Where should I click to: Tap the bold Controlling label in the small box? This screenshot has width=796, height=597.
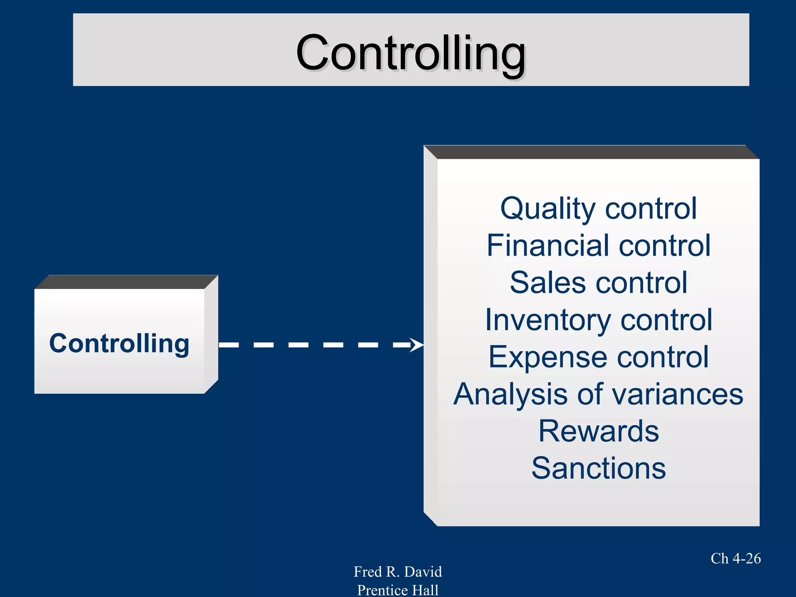coord(119,344)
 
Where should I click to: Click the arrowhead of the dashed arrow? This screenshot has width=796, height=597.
coord(417,345)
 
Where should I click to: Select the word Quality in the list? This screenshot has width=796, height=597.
coord(547,209)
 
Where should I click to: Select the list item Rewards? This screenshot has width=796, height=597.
coord(599,431)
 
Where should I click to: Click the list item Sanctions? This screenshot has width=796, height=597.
coord(599,468)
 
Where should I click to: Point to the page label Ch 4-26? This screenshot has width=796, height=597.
coord(735,559)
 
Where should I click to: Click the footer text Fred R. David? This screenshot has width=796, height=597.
coord(398,572)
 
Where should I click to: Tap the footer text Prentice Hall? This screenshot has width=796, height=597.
coord(398,590)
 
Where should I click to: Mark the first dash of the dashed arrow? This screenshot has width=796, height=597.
coord(229,345)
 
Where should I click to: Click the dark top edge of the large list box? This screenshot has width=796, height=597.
coord(591,152)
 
